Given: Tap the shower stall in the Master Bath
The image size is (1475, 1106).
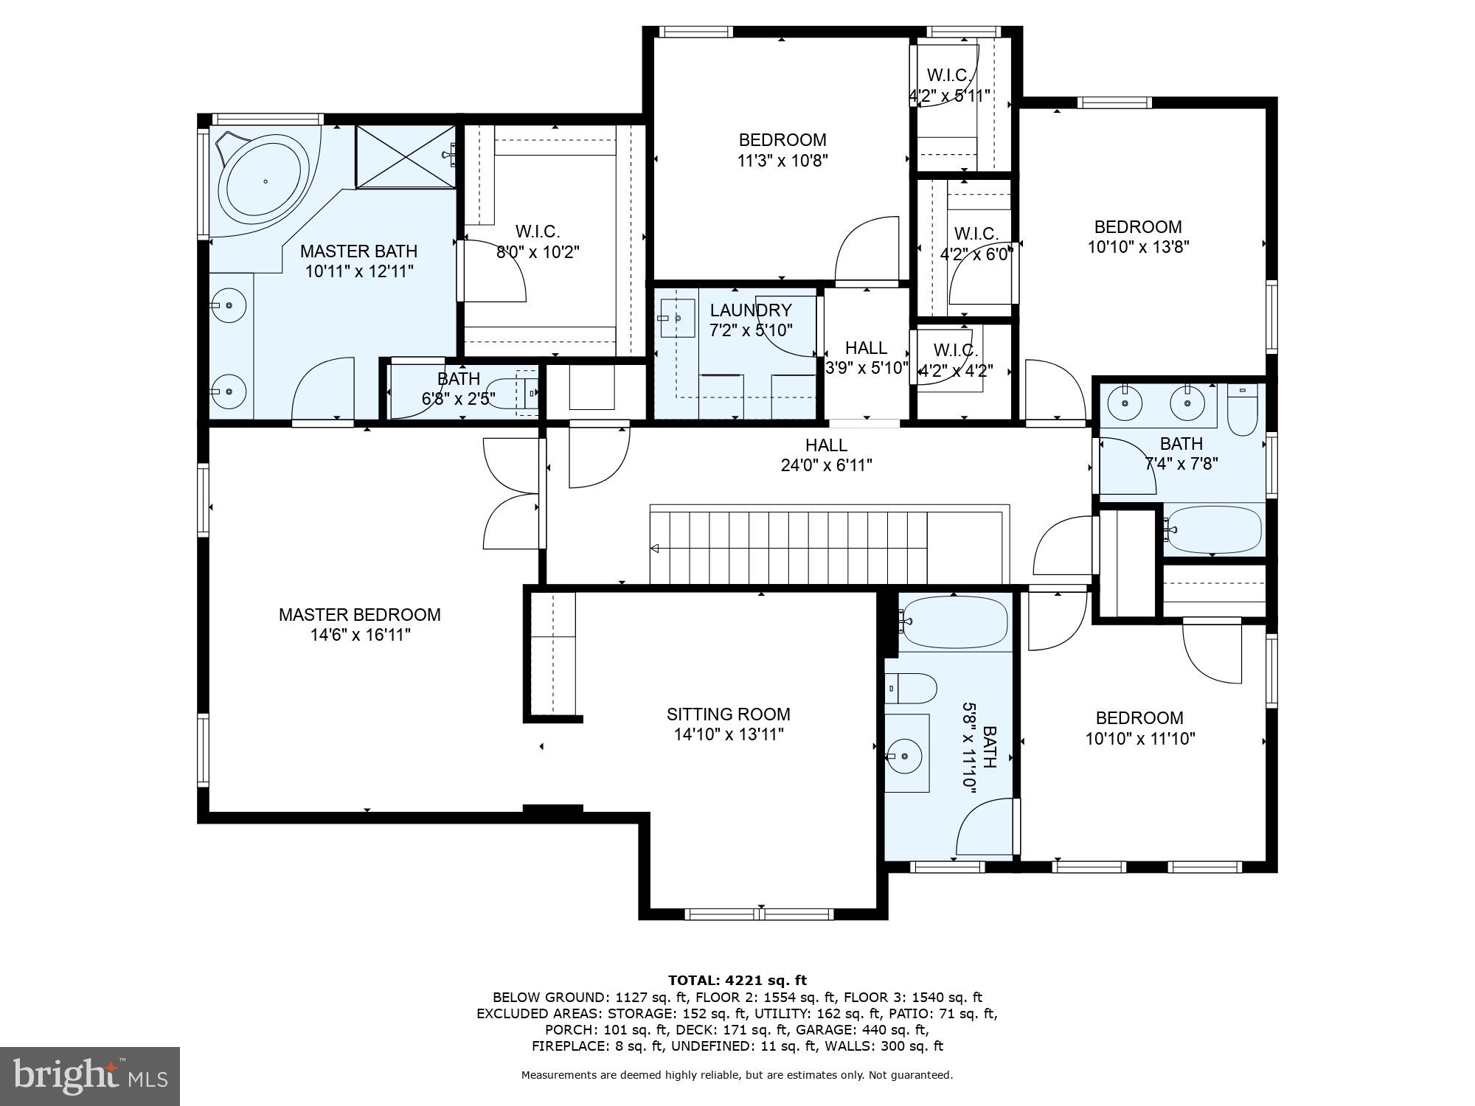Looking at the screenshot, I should pos(405,156).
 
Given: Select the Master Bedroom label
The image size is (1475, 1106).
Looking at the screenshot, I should pos(359,615).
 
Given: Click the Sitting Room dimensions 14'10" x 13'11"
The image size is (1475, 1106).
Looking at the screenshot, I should pos(728,734).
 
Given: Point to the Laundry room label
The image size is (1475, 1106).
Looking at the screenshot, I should pos(750,310).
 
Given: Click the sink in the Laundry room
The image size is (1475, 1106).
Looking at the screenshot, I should pos(677,318).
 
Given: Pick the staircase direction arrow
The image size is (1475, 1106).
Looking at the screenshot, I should pos(654,548).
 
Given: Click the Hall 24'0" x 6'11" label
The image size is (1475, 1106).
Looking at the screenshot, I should pos(826,455).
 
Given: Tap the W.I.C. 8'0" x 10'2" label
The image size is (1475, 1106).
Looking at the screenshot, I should pos(537,242).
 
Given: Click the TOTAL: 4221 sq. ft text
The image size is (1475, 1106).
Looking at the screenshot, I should pos(737,980).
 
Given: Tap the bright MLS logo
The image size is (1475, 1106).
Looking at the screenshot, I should pos(89,1077).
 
